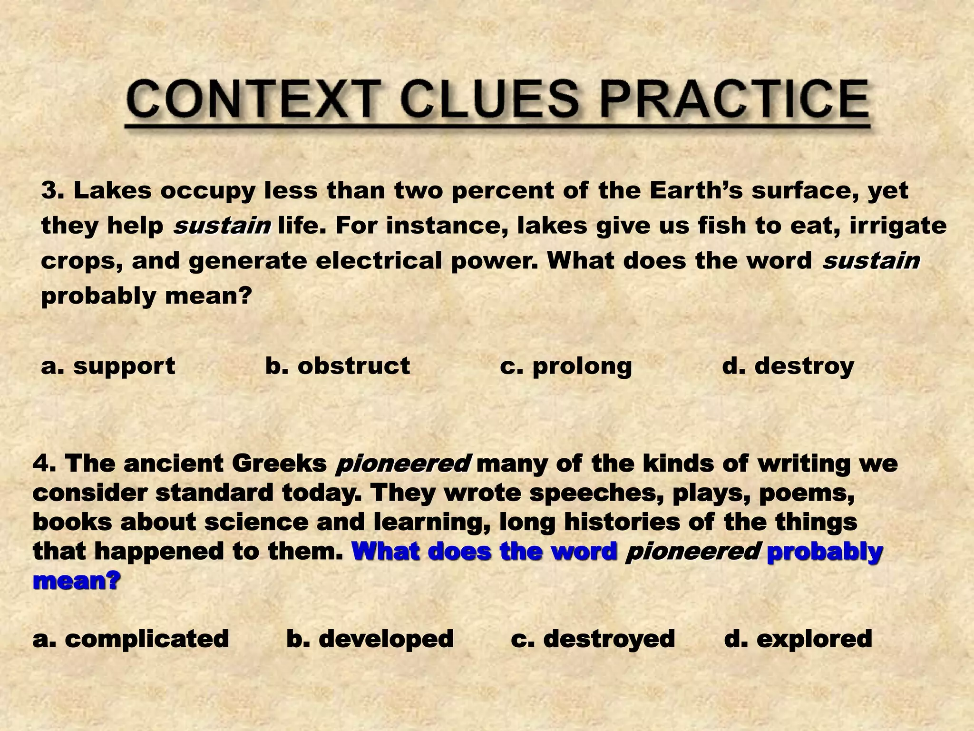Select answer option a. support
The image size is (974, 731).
(x=108, y=366)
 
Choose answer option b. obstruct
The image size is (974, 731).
(x=337, y=366)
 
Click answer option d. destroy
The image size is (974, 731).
(x=788, y=366)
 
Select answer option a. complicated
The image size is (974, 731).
(x=131, y=639)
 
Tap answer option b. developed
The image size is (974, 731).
(x=370, y=639)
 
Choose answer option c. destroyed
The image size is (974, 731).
(x=593, y=639)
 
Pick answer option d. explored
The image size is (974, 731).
(x=798, y=639)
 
